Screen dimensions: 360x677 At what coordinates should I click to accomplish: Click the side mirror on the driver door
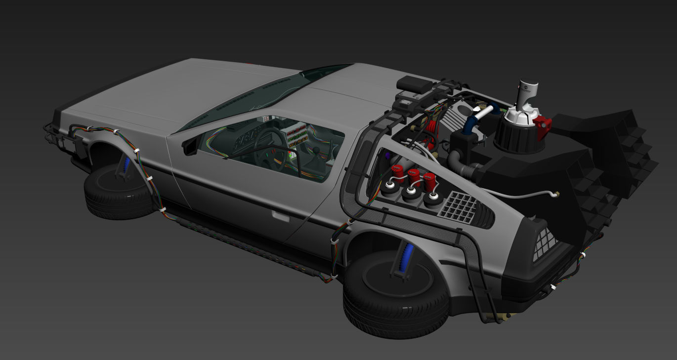coord(190,146)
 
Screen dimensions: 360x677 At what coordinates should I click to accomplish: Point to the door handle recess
coord(281,216)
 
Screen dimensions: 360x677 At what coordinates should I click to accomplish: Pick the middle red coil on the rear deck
coord(413,176)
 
